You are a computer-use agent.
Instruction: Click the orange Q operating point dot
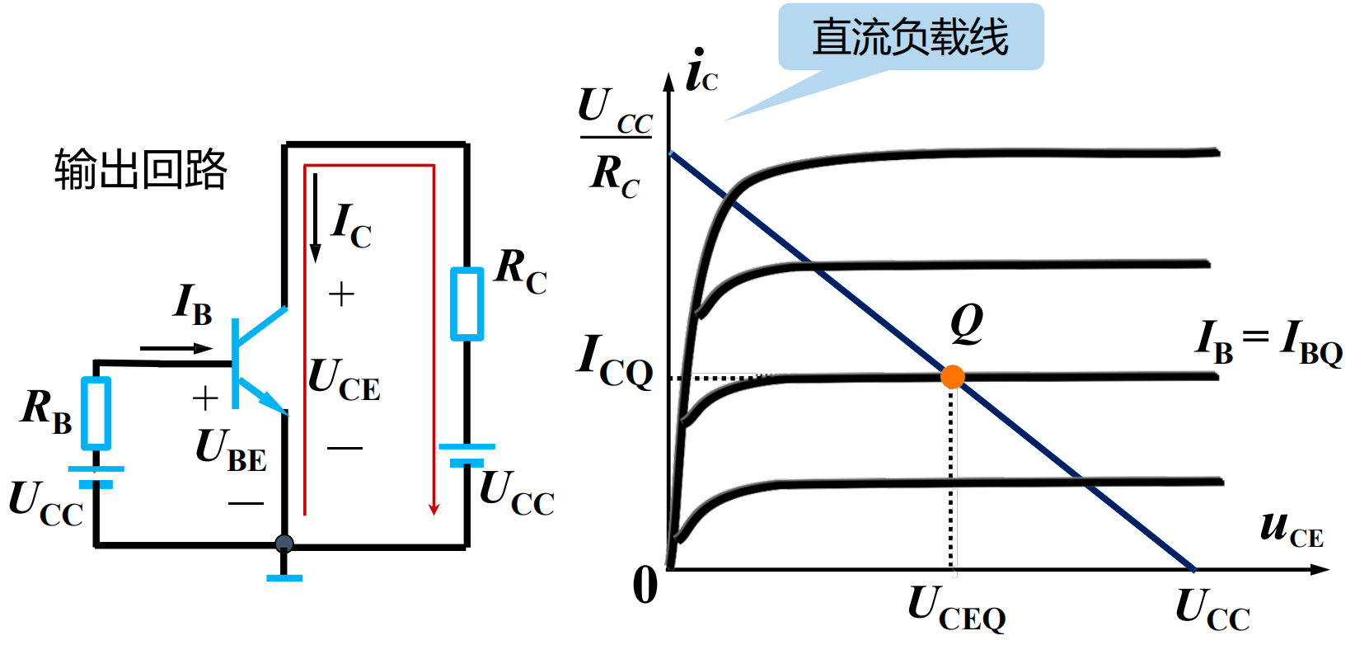(x=952, y=377)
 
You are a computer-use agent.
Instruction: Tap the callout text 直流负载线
(x=910, y=38)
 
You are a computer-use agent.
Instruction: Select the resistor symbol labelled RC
(x=467, y=304)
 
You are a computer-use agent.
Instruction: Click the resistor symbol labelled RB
(x=96, y=412)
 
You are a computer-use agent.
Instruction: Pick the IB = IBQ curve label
(x=1269, y=341)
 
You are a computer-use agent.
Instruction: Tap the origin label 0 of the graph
(x=645, y=586)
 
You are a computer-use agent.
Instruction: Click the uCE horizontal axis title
(x=1291, y=529)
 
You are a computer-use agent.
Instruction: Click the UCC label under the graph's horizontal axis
(x=1212, y=610)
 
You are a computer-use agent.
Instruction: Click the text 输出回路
(x=140, y=170)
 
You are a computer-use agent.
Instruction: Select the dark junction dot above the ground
(x=284, y=544)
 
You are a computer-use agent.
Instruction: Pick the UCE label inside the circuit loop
(x=344, y=380)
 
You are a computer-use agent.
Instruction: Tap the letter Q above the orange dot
(x=966, y=323)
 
